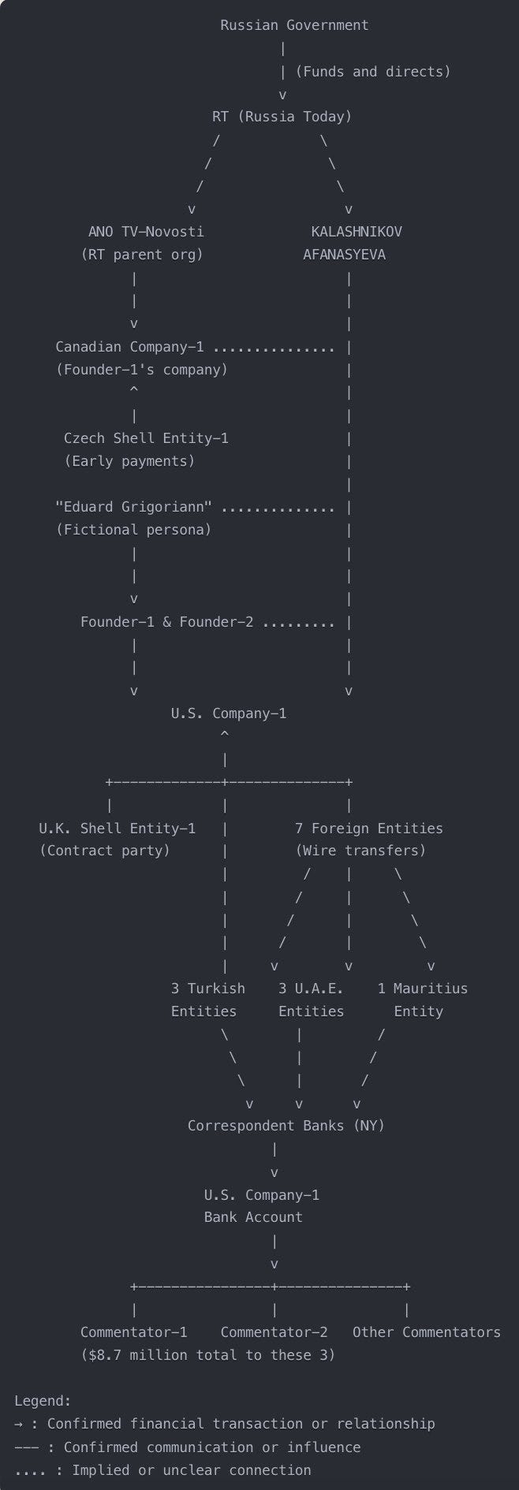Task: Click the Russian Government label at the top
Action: click(x=294, y=25)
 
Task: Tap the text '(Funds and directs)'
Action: click(x=373, y=72)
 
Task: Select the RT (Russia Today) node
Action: click(x=282, y=117)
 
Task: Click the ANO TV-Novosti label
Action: click(x=146, y=232)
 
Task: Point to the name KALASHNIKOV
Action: click(x=357, y=232)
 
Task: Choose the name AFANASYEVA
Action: click(x=344, y=255)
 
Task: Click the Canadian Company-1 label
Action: click(x=129, y=347)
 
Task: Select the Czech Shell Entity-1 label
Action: click(x=146, y=438)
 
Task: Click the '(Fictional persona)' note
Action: click(x=134, y=530)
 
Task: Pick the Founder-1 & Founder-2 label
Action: click(x=167, y=622)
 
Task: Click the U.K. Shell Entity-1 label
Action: click(x=118, y=829)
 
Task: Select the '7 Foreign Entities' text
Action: click(x=369, y=829)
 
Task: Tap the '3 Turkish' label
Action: click(x=208, y=989)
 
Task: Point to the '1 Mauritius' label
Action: click(x=423, y=989)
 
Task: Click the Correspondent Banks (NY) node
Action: click(x=286, y=1126)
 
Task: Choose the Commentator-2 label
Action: click(x=274, y=1332)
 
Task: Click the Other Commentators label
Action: click(x=427, y=1332)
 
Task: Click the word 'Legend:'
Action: click(x=43, y=1401)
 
